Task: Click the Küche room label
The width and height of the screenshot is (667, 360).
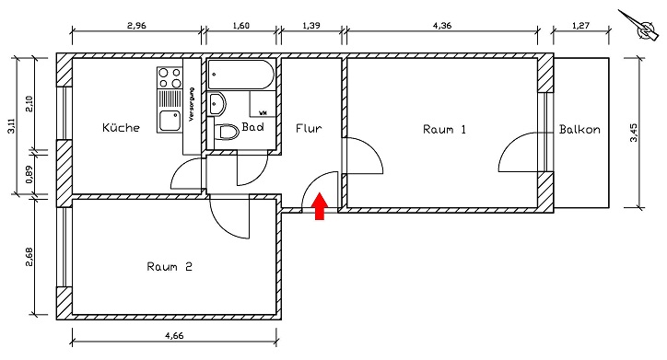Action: pyautogui.click(x=122, y=128)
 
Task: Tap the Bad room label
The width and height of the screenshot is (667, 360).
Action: pyautogui.click(x=253, y=128)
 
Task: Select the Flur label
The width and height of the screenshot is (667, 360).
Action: pyautogui.click(x=309, y=129)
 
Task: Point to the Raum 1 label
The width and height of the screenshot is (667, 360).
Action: pyautogui.click(x=444, y=129)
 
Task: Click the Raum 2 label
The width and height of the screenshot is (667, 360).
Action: pyautogui.click(x=170, y=267)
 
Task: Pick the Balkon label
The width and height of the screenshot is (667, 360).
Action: pyautogui.click(x=579, y=129)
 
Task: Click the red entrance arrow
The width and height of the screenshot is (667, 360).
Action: pyautogui.click(x=320, y=207)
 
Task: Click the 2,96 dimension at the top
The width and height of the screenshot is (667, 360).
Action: pyautogui.click(x=135, y=27)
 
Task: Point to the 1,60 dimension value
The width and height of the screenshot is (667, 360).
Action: pyautogui.click(x=240, y=27)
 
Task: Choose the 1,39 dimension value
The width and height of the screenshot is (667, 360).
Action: pyautogui.click(x=312, y=27)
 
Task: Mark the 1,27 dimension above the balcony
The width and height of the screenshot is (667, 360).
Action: pyautogui.click(x=581, y=27)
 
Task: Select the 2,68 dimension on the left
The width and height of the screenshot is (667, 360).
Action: pyautogui.click(x=29, y=255)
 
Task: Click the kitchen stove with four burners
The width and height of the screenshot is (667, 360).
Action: pyautogui.click(x=169, y=76)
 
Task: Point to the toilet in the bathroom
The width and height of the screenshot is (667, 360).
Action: pyautogui.click(x=226, y=133)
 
